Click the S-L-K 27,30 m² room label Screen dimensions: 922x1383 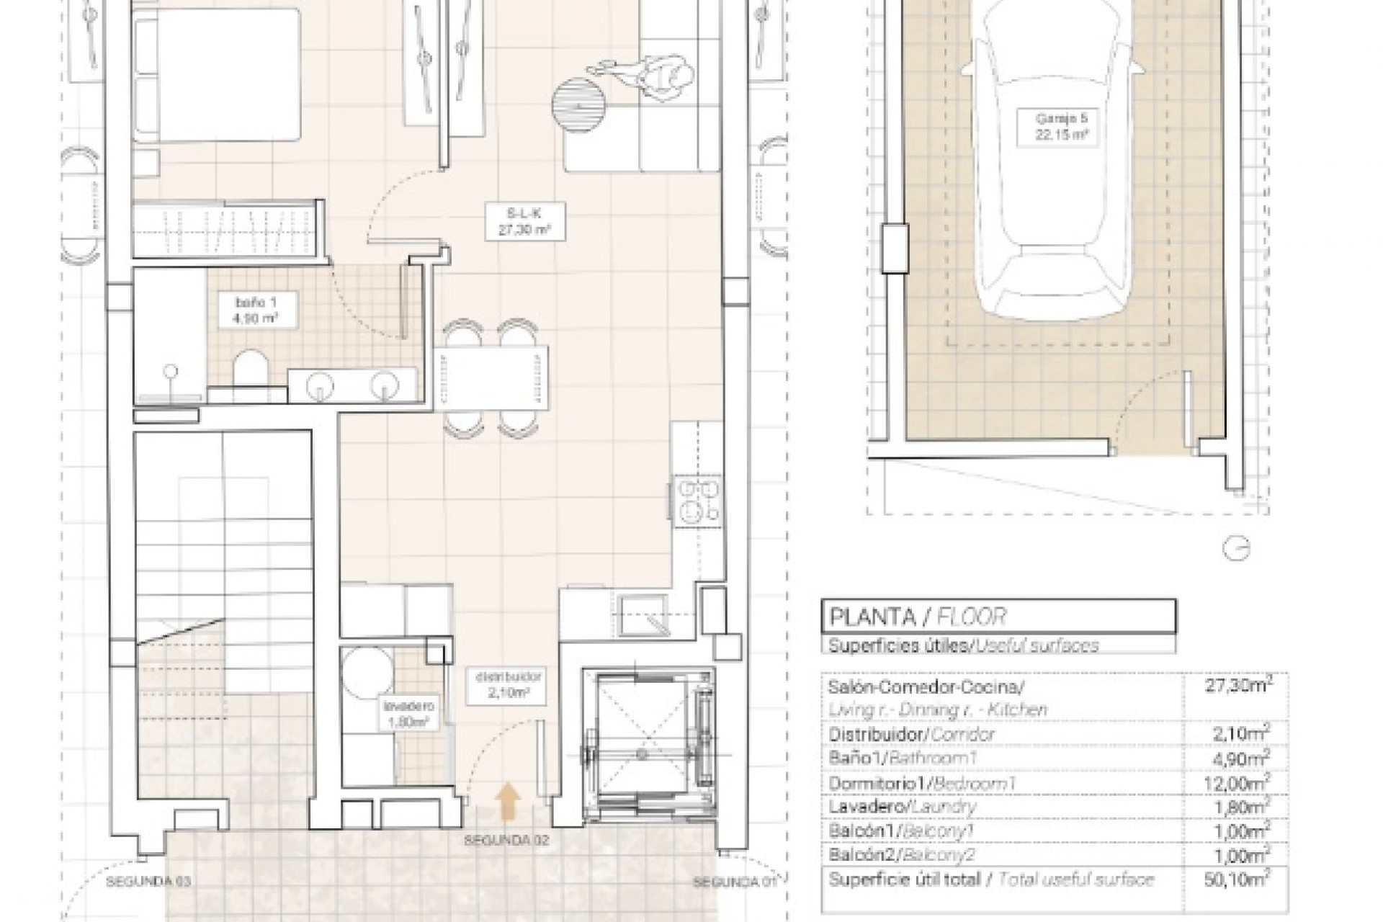pos(524,221)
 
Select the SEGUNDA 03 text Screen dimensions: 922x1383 pos(148,881)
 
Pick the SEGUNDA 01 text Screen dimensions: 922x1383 pos(735,882)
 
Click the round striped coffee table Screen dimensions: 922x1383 pos(579,104)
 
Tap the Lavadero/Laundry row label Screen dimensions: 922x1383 pos(903,807)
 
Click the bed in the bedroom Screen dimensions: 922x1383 pos(216,73)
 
